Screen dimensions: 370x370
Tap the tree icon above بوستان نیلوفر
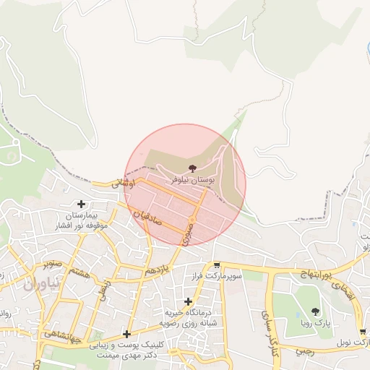[x=181, y=167]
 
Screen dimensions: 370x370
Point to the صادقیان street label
[x=147, y=218]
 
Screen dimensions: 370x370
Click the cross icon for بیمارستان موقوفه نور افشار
[x=81, y=205]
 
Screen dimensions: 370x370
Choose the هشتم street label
[x=81, y=273]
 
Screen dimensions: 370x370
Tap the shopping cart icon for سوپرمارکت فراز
[x=216, y=265]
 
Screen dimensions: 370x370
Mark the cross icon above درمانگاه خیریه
[x=189, y=301]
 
